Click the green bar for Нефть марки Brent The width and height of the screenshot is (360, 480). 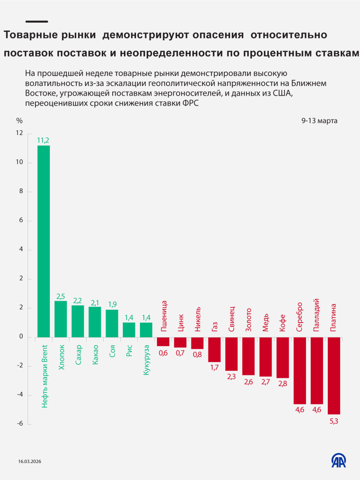(44, 241)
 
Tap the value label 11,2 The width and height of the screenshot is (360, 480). (43, 140)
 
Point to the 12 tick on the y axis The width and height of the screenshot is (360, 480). (19, 133)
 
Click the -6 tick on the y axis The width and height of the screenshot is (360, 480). (20, 424)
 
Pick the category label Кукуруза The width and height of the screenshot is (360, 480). (146, 360)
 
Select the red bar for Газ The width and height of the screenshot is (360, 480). (214, 349)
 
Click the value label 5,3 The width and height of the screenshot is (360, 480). (334, 421)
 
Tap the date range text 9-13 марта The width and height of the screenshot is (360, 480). (319, 121)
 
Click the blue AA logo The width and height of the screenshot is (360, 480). (339, 460)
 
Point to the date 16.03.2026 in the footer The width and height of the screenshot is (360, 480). (30, 462)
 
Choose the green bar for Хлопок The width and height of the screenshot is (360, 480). (61, 319)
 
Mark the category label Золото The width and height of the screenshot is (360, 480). (248, 320)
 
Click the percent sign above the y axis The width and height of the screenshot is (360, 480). (19, 121)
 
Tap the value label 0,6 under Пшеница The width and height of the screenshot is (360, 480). (163, 353)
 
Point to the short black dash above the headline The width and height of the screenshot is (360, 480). (37, 22)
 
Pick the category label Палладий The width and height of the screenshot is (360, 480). (317, 315)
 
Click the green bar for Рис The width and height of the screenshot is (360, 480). (129, 330)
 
